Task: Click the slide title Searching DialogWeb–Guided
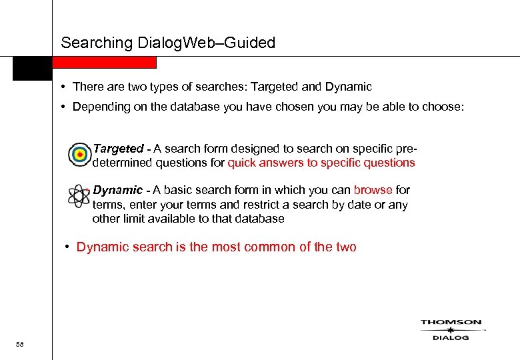click(x=167, y=43)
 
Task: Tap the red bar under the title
click(x=105, y=63)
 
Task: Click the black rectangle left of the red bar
click(x=32, y=68)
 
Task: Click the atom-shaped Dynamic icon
click(x=79, y=195)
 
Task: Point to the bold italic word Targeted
click(x=118, y=149)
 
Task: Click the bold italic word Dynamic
click(x=117, y=190)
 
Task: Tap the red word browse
click(x=373, y=190)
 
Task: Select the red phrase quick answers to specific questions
click(x=321, y=163)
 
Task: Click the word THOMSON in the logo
click(x=451, y=322)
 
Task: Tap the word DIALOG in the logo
click(x=451, y=337)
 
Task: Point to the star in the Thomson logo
click(x=451, y=330)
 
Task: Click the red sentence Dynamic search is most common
click(x=216, y=247)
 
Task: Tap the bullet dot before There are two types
click(x=61, y=87)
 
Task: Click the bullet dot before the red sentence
click(x=67, y=247)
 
